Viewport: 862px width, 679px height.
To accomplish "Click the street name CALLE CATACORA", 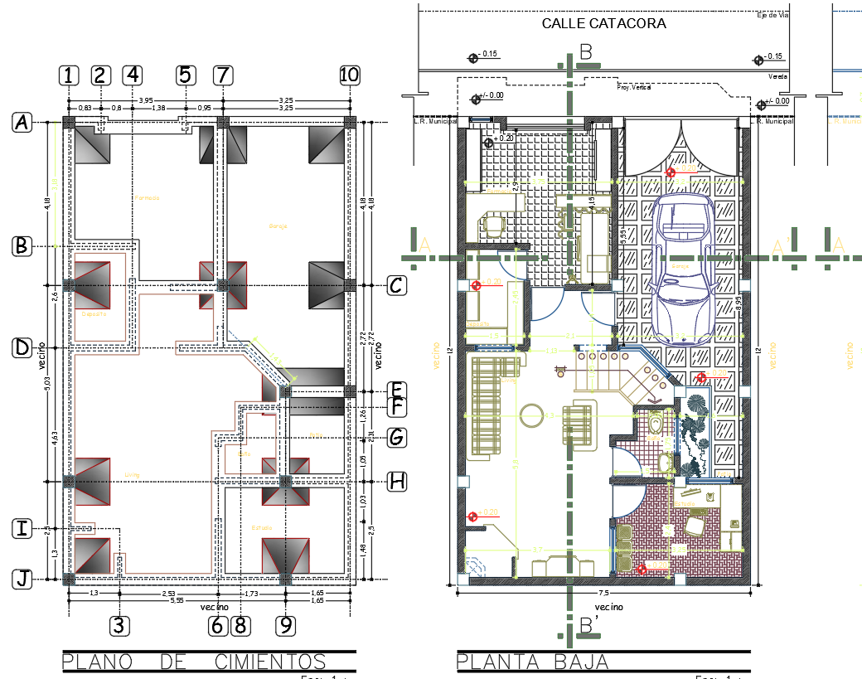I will (603, 23).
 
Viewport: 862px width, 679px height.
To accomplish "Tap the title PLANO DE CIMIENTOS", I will (194, 662).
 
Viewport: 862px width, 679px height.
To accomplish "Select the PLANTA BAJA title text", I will (533, 662).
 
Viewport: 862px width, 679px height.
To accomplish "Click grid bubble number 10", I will (349, 75).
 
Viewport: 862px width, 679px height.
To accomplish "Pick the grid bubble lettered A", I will (22, 123).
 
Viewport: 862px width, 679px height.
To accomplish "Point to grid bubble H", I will (397, 481).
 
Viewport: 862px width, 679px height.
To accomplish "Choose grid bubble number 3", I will (120, 625).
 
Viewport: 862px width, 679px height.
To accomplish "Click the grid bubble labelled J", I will (22, 580).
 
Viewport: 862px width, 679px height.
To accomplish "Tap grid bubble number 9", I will (286, 625).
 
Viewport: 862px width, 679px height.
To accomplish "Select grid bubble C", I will (397, 286).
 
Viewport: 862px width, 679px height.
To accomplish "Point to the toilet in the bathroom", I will (655, 424).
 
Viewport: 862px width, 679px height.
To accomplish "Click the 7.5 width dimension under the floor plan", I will (603, 594).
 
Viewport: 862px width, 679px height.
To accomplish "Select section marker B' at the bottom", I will (588, 627).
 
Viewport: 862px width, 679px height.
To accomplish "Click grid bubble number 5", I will (185, 75).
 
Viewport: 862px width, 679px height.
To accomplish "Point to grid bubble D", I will (22, 348).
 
